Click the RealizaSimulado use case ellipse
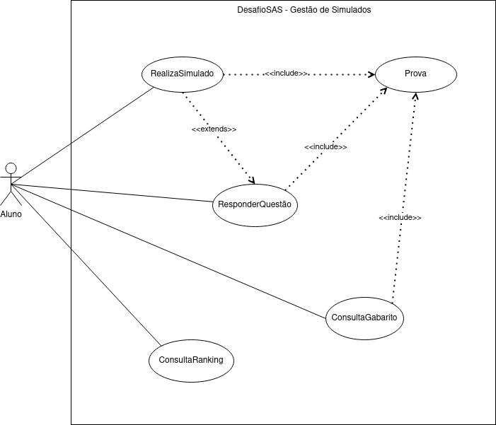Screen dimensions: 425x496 [x=183, y=74]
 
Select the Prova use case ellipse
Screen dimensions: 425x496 [x=415, y=74]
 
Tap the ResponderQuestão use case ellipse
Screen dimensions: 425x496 [x=254, y=205]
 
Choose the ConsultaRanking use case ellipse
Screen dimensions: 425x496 [x=191, y=359]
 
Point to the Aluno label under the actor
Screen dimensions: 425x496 [x=11, y=214]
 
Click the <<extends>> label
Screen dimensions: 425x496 [x=214, y=130]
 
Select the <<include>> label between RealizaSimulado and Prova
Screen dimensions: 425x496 [x=286, y=74]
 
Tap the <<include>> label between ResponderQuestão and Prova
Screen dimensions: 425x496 [x=325, y=147]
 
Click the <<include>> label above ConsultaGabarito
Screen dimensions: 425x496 [x=400, y=218]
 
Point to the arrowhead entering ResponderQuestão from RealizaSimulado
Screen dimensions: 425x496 [x=252, y=179]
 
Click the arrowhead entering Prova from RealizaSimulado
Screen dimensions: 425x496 [x=371, y=74]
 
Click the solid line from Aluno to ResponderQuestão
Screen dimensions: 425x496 [x=113, y=194]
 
